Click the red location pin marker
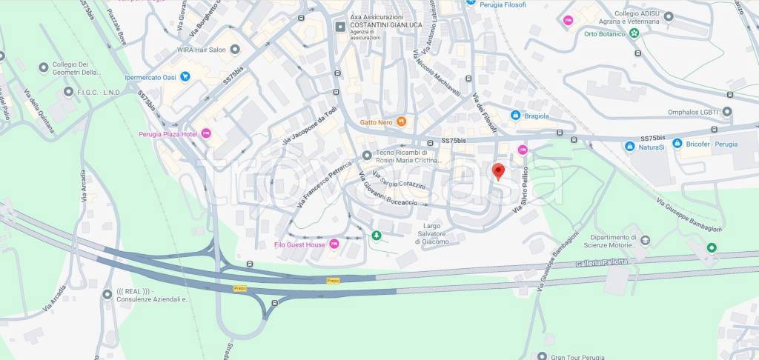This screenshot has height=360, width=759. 499,171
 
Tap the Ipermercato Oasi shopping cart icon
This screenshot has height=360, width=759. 185,76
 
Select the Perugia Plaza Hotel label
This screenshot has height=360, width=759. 168,134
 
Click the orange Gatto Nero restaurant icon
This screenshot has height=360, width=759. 402,121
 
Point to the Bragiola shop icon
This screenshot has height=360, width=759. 515,115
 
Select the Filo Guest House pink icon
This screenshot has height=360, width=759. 334,244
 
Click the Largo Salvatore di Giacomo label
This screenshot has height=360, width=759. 431,233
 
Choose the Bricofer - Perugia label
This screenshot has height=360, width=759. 712,143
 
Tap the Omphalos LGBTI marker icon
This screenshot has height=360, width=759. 727,112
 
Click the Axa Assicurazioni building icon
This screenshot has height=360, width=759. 340,27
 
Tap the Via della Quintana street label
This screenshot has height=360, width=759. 39,111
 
